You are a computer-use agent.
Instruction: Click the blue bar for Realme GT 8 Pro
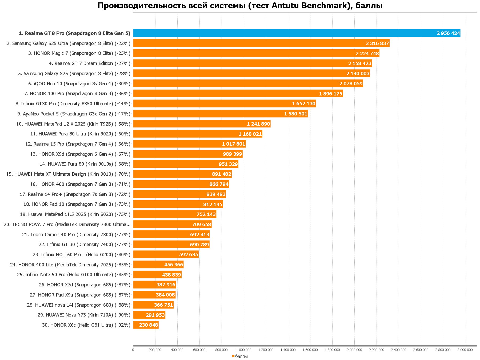point(293,33)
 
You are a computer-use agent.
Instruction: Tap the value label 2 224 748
point(367,54)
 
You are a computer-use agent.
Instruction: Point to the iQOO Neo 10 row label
point(79,84)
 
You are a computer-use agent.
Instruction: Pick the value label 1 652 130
point(303,104)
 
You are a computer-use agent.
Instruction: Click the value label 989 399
point(233,154)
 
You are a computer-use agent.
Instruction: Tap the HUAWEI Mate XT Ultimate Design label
point(68,174)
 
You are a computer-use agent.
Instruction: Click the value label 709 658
point(201,225)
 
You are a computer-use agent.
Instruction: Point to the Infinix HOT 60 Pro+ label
point(81,255)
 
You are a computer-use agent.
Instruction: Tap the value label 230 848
point(149,325)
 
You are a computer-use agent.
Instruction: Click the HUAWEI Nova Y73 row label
point(84,315)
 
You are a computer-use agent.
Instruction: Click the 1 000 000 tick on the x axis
point(244,350)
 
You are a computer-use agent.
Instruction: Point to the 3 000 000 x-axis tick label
point(465,350)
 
